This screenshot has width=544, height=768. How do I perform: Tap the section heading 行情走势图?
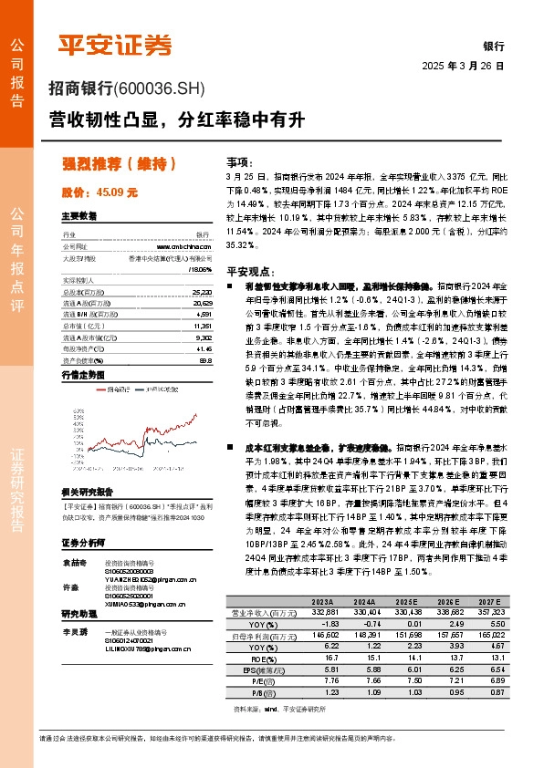click(85, 375)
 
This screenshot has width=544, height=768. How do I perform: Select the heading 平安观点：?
click(249, 271)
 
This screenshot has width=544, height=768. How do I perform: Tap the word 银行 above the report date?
click(494, 47)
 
